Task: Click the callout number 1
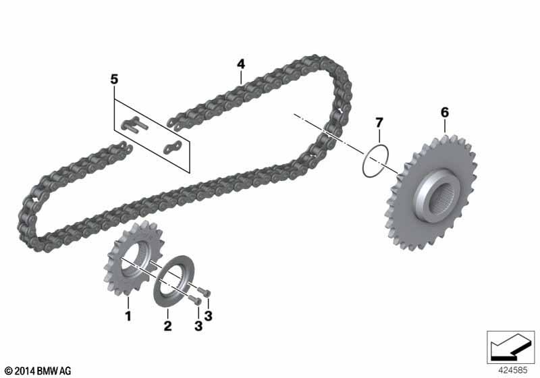click(128, 316)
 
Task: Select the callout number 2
click(167, 325)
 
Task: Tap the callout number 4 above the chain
click(241, 64)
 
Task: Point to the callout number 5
click(114, 80)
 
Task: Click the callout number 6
click(445, 112)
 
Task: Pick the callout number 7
click(379, 123)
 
